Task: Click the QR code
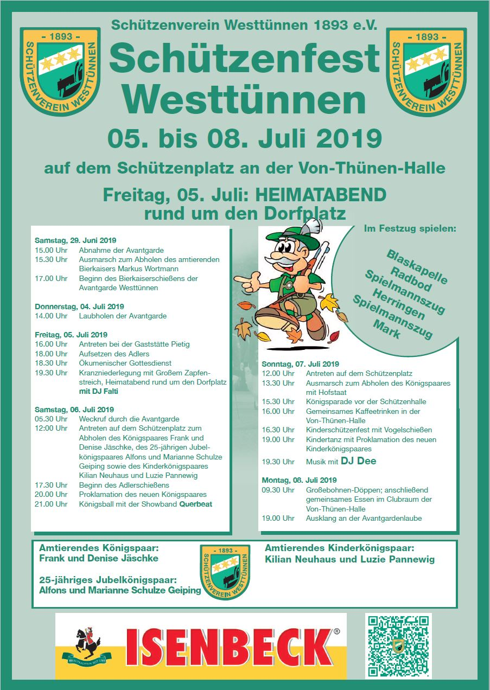pyautogui.click(x=398, y=645)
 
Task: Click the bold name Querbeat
pyautogui.click(x=196, y=504)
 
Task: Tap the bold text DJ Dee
pyautogui.click(x=358, y=461)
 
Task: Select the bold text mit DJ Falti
pyautogui.click(x=99, y=391)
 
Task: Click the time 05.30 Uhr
pyautogui.click(x=50, y=419)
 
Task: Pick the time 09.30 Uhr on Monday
pyautogui.click(x=278, y=490)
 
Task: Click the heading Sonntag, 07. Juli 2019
pyautogui.click(x=300, y=364)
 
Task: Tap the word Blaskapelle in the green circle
pyautogui.click(x=417, y=267)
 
